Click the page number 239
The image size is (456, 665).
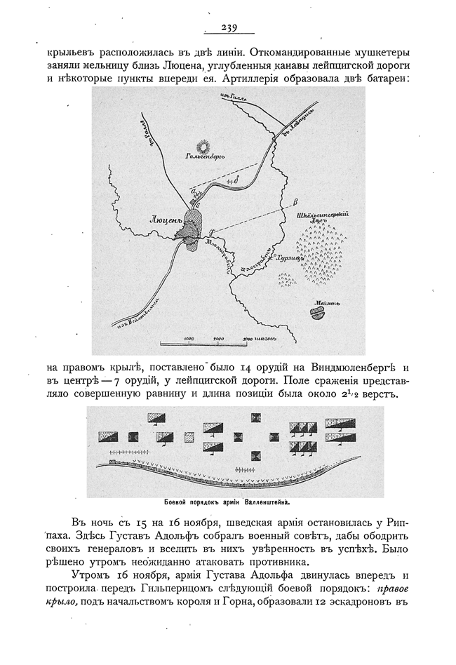pos(229,28)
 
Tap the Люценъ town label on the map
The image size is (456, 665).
pos(166,218)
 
